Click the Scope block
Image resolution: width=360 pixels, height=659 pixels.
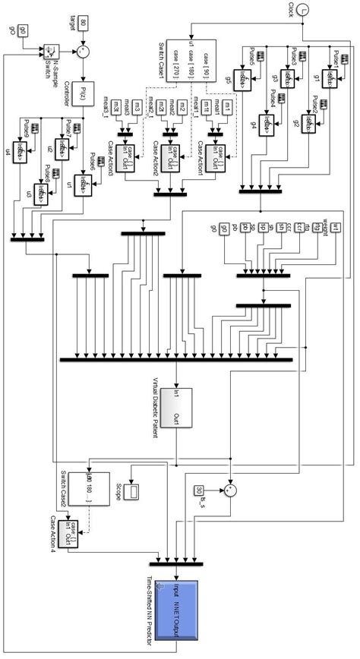tap(133, 491)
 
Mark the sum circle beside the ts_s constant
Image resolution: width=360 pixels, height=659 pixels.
tap(231, 490)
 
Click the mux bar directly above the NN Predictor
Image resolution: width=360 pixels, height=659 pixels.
tap(175, 563)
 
